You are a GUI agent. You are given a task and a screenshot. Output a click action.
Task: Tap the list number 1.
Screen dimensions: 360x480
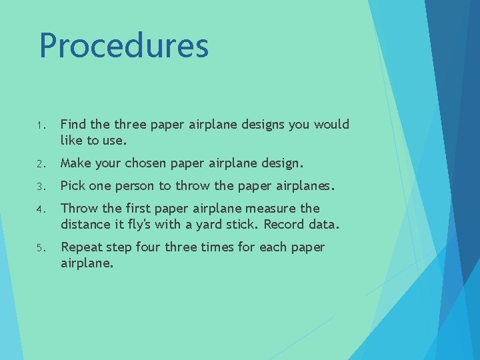tap(40, 125)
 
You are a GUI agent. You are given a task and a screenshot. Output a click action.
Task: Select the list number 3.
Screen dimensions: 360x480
tap(40, 186)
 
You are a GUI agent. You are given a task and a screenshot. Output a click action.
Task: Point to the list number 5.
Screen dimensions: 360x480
tap(40, 248)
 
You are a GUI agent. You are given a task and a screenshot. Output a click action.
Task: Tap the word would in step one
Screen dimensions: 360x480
tap(331, 125)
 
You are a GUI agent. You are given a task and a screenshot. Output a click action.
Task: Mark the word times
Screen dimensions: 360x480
tap(215, 247)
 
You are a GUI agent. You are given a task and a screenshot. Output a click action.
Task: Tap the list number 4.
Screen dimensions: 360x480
tap(40, 209)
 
